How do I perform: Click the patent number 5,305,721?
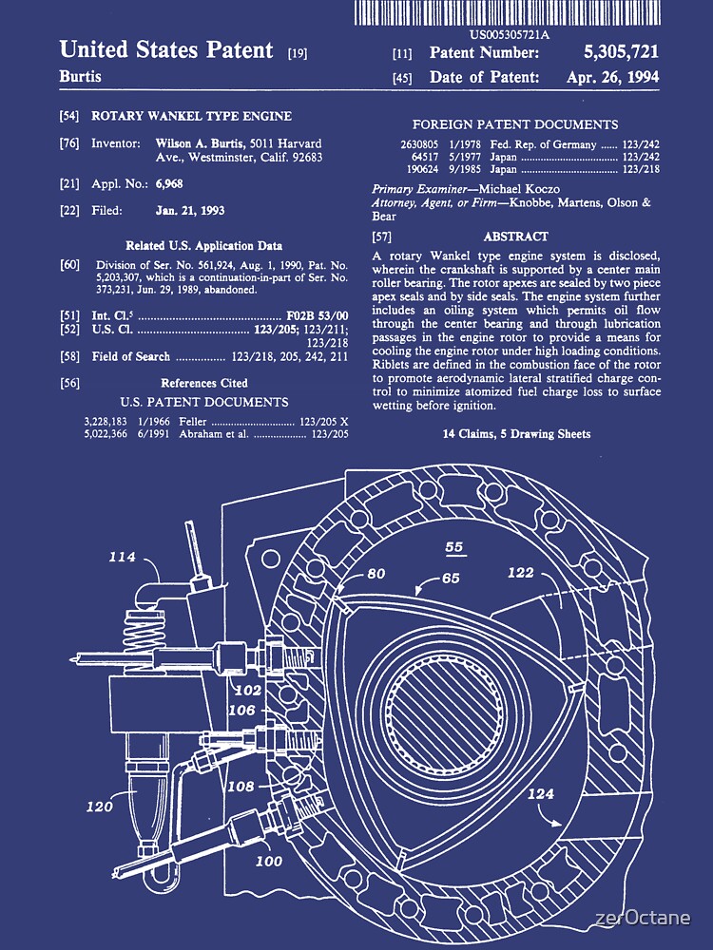(621, 53)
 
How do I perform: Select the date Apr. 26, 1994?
(615, 78)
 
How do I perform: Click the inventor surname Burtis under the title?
(80, 76)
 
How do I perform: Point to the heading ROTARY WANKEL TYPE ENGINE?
(191, 117)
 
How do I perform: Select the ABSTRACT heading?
(516, 237)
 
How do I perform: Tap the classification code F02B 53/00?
(318, 314)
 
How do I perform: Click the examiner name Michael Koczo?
(521, 189)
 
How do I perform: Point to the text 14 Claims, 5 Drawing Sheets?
(516, 434)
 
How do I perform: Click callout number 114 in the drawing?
(122, 557)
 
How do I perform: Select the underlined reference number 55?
(454, 547)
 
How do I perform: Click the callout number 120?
(100, 807)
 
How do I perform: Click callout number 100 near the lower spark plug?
(269, 861)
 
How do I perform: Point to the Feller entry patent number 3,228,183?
(106, 420)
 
